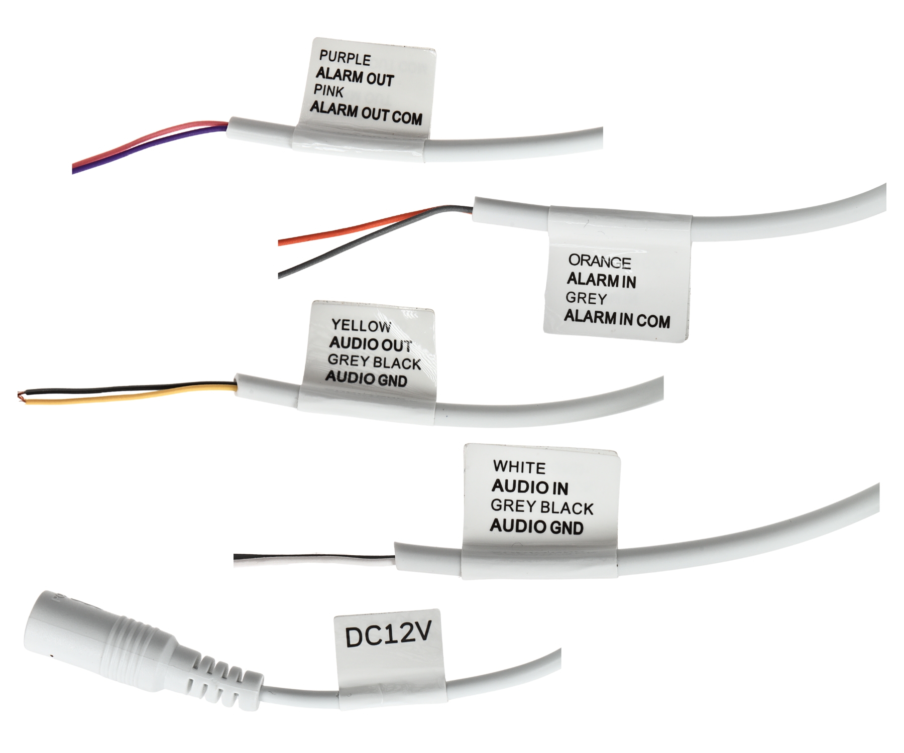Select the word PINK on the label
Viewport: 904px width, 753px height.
point(329,91)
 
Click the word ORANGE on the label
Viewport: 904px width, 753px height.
point(600,262)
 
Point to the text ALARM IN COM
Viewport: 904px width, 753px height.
point(617,319)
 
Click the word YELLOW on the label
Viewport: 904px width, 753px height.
point(361,326)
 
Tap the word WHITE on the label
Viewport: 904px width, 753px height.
point(519,467)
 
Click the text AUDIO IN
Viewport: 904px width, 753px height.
point(530,486)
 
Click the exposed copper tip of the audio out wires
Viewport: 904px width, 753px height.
point(20,396)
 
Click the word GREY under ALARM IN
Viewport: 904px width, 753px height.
point(586,298)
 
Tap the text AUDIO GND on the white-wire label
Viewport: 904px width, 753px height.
point(536,527)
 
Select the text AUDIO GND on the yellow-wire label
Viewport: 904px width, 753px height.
point(366,379)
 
